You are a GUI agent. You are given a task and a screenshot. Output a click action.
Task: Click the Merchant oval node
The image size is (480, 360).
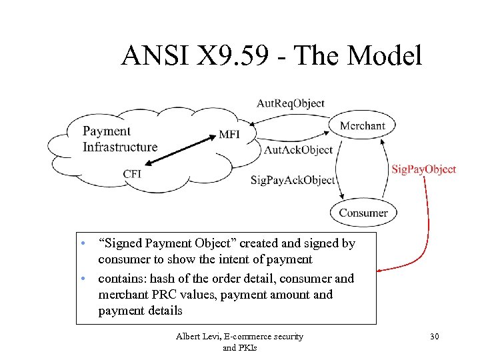click(363, 125)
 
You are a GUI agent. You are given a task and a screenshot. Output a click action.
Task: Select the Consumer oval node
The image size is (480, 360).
click(363, 213)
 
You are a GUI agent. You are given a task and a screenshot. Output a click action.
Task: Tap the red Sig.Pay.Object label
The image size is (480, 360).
click(423, 169)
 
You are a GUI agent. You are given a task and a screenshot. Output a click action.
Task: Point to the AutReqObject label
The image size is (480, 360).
click(291, 103)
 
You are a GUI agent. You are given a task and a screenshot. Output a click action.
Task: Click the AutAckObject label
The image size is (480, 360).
click(298, 150)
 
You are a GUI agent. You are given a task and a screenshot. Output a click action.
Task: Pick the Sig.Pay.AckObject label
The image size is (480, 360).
click(293, 180)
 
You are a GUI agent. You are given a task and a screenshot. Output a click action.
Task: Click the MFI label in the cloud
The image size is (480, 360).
click(229, 134)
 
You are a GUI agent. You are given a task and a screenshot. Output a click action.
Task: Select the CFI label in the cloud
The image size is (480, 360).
click(132, 174)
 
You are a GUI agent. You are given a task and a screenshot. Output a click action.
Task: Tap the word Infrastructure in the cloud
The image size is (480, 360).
click(120, 147)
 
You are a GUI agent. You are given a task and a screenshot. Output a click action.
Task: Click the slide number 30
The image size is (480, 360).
click(434, 337)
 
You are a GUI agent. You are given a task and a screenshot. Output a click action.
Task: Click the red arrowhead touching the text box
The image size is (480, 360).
click(381, 271)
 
